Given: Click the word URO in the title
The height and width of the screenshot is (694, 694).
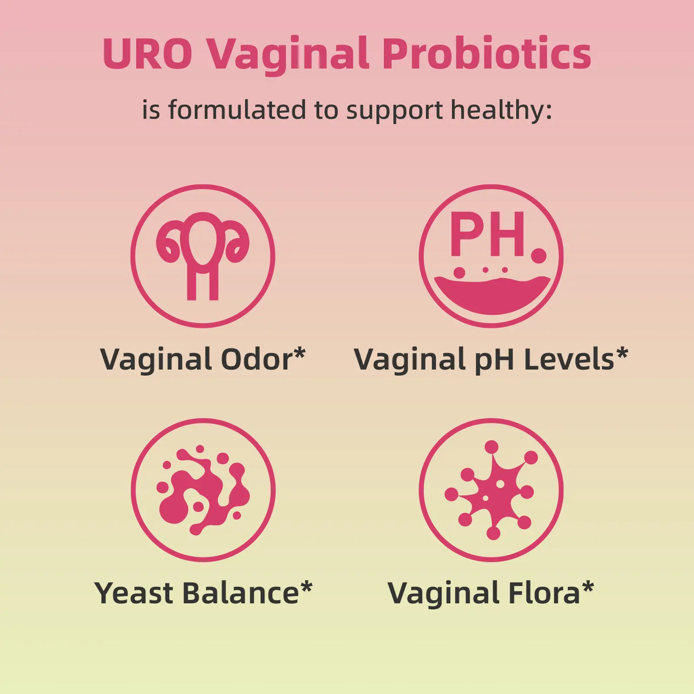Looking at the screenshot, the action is coord(147,53).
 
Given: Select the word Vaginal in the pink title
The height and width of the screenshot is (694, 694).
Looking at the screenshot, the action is coord(288,56).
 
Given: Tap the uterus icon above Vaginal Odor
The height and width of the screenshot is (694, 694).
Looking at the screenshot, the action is coord(203,256).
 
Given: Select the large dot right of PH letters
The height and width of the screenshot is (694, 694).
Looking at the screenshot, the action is coord(539,255).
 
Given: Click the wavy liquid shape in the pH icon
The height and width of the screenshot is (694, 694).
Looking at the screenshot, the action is coord(492,295).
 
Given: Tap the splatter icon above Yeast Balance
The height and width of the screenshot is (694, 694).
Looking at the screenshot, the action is coord(203,490).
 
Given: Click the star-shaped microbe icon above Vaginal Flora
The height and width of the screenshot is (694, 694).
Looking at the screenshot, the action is coord(491,490).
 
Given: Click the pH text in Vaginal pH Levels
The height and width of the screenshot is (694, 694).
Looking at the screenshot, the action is coord(494,361).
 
